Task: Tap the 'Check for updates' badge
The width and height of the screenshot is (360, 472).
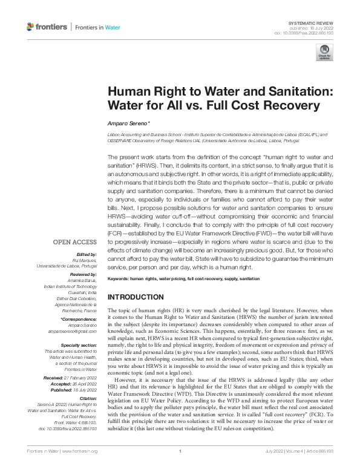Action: click(324, 55)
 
